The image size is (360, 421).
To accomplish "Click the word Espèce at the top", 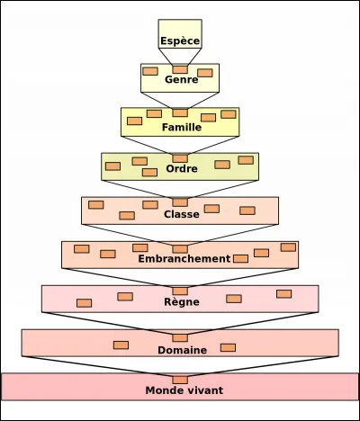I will click(x=180, y=41).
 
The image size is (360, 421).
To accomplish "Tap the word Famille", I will click(x=180, y=127).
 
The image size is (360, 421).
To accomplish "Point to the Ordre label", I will click(x=180, y=169).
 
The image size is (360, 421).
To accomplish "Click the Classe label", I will click(x=180, y=214).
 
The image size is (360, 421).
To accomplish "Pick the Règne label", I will click(x=180, y=302).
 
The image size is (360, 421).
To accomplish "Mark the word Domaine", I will click(x=181, y=349).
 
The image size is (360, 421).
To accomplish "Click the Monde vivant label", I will click(x=184, y=390).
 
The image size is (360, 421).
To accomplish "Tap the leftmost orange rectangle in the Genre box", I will click(x=150, y=71).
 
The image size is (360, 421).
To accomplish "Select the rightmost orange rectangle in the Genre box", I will click(x=205, y=73).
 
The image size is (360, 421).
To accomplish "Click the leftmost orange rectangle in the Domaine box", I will click(x=121, y=345).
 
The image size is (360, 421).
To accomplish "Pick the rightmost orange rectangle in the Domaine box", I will click(x=228, y=347).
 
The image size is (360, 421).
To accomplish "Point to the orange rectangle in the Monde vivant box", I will click(x=180, y=380).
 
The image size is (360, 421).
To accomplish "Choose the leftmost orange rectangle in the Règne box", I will click(x=84, y=303).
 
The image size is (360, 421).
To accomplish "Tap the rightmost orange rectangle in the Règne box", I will click(x=284, y=293).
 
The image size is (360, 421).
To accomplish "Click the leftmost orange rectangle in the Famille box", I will click(x=134, y=121).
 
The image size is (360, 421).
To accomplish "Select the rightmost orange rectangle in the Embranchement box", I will click(x=288, y=247).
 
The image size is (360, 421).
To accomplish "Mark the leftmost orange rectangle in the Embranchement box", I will click(x=81, y=248).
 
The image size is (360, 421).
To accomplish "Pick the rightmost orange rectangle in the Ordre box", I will click(x=246, y=160).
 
